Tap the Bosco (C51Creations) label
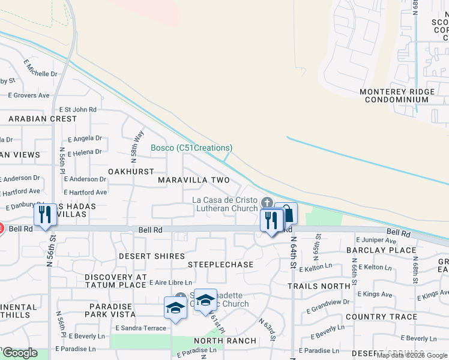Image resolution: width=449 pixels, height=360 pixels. [191, 148]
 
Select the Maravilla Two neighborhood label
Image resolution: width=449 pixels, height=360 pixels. [194, 180]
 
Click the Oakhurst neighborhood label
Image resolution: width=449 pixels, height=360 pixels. [131, 172]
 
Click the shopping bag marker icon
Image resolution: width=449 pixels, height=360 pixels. [288, 214]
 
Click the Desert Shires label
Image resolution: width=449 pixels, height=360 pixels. [151, 256]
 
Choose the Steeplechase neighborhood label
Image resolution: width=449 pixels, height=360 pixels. [220, 265]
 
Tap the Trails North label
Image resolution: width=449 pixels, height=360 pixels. [319, 286]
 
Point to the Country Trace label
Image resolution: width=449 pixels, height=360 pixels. [381, 317]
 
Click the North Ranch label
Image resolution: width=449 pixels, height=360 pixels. [225, 341]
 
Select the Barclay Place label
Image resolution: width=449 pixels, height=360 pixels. [381, 250]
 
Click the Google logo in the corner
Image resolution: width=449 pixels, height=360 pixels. [19, 353]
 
